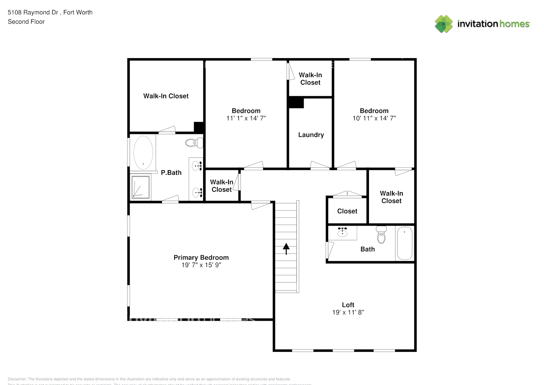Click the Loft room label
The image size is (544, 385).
pos(348,305)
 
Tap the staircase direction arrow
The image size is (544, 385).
pos(286,249)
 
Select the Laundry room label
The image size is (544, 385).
pos(311,135)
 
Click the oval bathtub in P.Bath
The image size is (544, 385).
pos(143,152)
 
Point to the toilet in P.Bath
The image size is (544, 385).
pos(194,143)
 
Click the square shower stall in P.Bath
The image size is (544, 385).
pos(140,187)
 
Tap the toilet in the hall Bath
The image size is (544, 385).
pos(381,234)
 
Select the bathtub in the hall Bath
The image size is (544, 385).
pos(404,243)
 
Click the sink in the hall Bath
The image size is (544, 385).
pos(342,233)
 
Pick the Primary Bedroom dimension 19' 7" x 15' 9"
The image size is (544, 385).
pos(201,265)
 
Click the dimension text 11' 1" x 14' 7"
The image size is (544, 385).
pos(246,118)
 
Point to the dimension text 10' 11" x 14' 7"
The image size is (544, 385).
pos(374,118)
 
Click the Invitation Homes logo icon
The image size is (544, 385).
pos(444,24)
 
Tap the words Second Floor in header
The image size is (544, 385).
pos(26,22)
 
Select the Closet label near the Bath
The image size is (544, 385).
pos(347,211)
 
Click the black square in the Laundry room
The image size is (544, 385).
pos(296,103)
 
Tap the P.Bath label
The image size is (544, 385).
pos(171,172)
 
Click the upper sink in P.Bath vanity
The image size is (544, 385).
pos(197,166)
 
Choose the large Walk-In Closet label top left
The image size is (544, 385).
pos(166,96)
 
